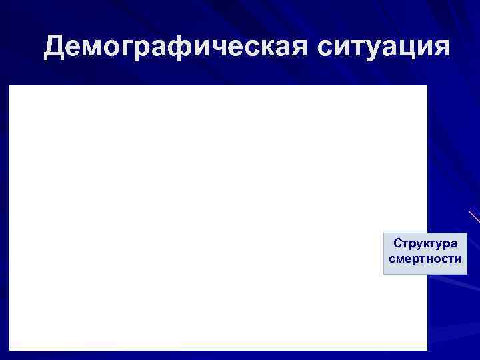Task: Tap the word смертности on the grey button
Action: point(425,259)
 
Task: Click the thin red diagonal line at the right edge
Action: point(474,216)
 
